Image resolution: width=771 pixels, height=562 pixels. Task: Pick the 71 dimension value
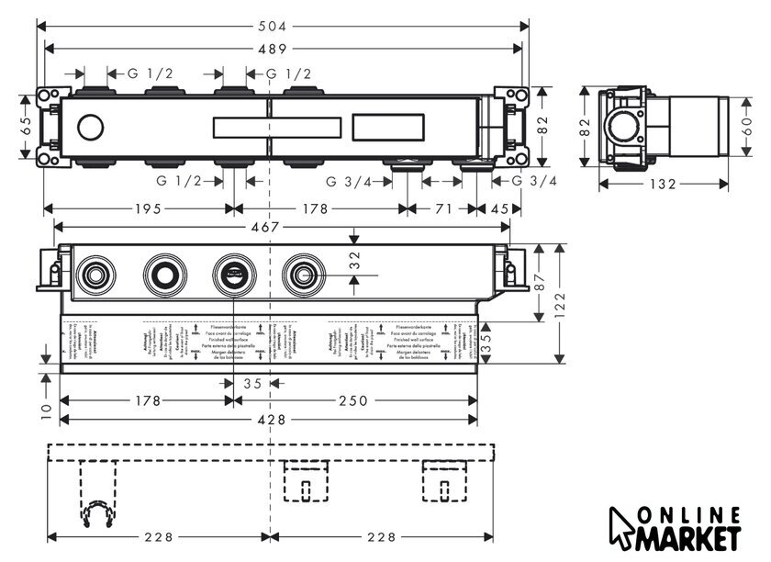click(x=443, y=208)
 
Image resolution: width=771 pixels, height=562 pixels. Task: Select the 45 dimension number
click(x=500, y=208)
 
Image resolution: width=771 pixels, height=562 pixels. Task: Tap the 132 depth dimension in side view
click(x=664, y=184)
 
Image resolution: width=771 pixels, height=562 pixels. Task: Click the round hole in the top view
click(x=91, y=127)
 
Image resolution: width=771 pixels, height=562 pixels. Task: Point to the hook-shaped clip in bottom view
click(x=96, y=516)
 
